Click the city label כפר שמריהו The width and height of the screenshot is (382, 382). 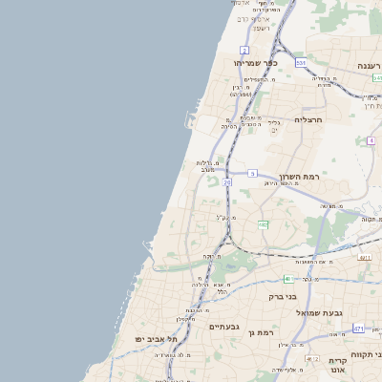point(251,63)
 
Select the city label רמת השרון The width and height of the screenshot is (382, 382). point(298,178)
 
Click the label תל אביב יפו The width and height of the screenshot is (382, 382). point(157,339)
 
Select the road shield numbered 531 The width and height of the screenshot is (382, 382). point(301,63)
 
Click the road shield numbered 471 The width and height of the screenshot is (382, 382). point(358,329)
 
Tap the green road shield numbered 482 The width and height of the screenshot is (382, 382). point(264,225)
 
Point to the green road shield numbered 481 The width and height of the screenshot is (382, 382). point(287,279)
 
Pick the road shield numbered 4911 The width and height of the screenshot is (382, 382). point(364,258)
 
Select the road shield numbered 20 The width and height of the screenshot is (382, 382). point(227,181)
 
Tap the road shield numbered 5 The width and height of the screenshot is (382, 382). point(252,173)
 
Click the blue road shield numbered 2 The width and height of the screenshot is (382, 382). point(244,50)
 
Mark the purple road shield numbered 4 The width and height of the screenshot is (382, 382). point(371,140)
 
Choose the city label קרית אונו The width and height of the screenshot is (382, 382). point(337,366)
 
